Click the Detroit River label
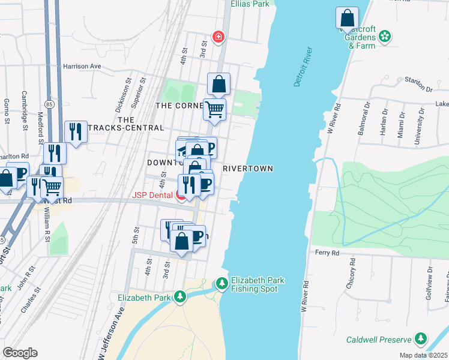coord(305,66)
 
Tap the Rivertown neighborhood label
coord(248,169)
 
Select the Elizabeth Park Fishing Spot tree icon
coord(222,282)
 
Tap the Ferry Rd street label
coord(327,253)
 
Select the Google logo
coord(20,353)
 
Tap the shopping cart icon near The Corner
coord(214,109)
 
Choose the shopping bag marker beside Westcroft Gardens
coord(347,17)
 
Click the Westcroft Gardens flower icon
coord(385,37)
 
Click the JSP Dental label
coord(153,195)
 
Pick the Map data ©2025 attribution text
coord(423,355)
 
